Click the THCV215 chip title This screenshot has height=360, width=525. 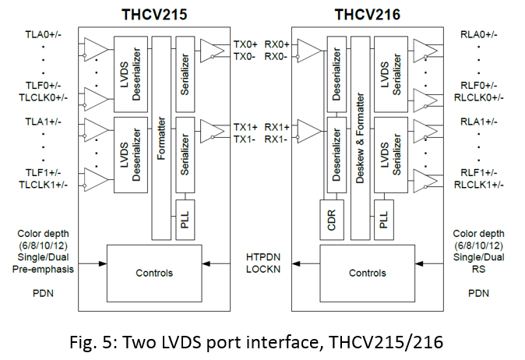[x=153, y=14]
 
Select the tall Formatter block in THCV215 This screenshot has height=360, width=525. [x=160, y=137]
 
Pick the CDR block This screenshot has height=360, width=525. [x=328, y=221]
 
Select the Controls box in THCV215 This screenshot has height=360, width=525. [x=153, y=273]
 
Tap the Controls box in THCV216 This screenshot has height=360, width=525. [x=368, y=273]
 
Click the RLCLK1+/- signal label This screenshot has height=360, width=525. [x=479, y=184]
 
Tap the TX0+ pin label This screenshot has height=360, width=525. [x=246, y=44]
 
